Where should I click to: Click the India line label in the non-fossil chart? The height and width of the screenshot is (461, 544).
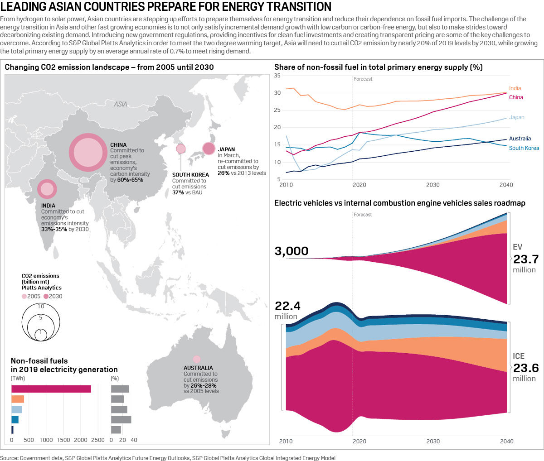click(x=515, y=88)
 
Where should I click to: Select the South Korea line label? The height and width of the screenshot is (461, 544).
click(x=524, y=148)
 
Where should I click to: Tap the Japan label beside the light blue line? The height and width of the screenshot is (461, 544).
click(x=516, y=117)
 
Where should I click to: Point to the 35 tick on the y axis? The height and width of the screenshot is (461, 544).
click(x=277, y=76)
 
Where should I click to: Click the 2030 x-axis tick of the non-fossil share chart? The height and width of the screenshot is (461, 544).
click(x=432, y=185)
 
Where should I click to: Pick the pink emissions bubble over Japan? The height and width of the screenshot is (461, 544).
click(x=209, y=148)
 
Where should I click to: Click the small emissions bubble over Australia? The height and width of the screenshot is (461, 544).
click(x=196, y=359)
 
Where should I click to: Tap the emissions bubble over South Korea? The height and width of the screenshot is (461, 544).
click(x=180, y=149)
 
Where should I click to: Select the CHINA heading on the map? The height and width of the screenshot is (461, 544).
click(x=118, y=145)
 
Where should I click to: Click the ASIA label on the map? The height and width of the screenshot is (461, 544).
click(x=121, y=104)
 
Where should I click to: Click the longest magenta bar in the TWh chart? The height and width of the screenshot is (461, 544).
click(x=51, y=389)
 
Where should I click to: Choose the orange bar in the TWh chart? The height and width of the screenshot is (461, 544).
click(x=18, y=399)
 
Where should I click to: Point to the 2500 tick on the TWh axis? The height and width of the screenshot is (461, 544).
click(x=98, y=440)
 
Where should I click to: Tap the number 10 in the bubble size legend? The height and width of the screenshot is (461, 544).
click(x=41, y=307)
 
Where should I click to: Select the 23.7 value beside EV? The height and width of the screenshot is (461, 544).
click(x=526, y=259)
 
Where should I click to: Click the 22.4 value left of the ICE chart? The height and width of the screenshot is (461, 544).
click(x=287, y=306)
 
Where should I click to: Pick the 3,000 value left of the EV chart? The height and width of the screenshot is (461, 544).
click(x=291, y=251)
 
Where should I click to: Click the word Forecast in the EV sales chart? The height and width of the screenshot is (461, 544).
click(x=363, y=215)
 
